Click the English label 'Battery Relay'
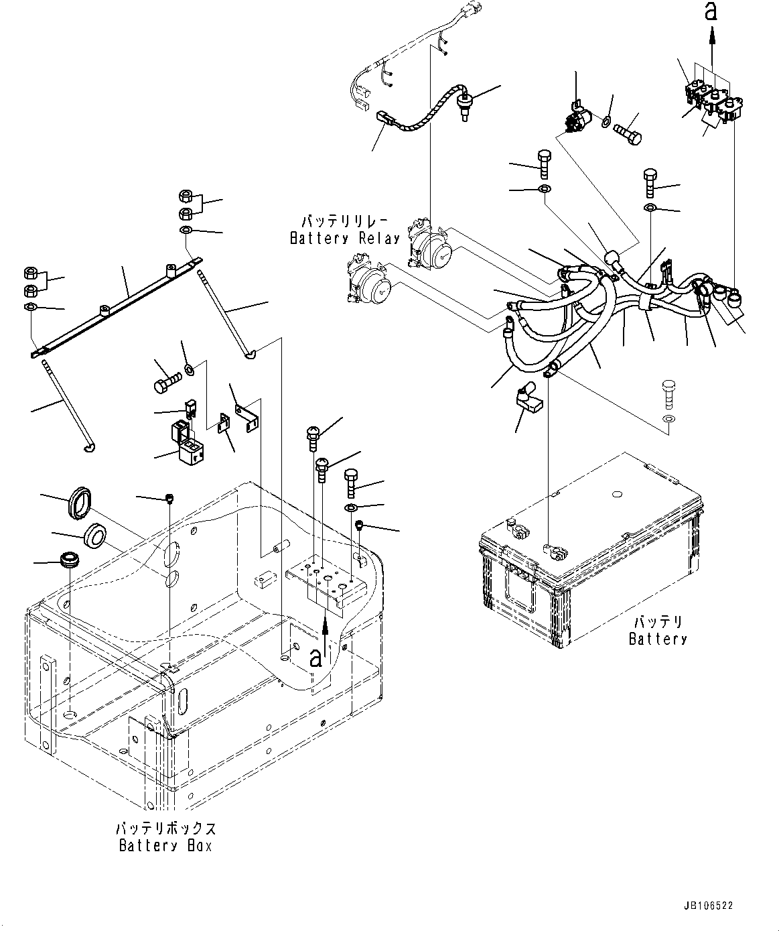(x=344, y=238)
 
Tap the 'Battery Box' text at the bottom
(x=165, y=846)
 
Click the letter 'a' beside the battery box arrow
(x=315, y=658)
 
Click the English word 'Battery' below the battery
(x=658, y=639)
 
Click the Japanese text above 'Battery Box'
(x=165, y=828)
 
